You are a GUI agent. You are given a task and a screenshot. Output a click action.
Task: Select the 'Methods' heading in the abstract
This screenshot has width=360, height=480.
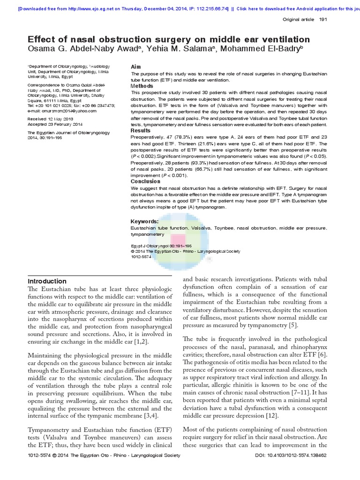[142, 86]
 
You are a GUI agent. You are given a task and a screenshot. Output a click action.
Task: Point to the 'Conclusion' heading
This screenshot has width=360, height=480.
[145, 181]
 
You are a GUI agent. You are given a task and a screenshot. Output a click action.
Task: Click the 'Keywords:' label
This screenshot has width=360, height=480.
[144, 221]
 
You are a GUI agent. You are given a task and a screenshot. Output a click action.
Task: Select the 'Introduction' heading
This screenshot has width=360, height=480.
[47, 281]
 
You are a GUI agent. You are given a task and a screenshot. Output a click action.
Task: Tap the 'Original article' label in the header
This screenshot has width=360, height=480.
[298, 19]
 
